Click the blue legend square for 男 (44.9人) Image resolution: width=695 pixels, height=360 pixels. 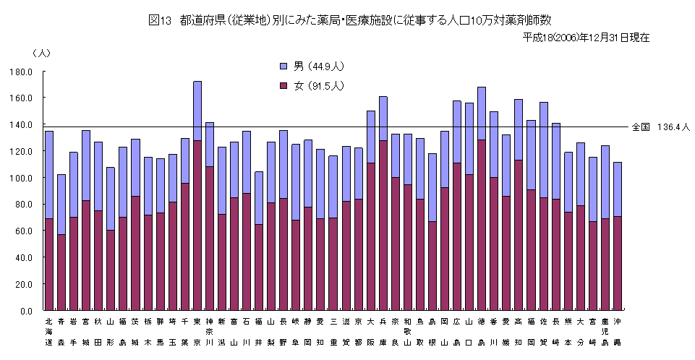(x=283, y=67)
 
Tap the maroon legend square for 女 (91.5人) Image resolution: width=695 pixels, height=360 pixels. (x=283, y=86)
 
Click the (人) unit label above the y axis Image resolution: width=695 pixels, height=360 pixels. (x=41, y=53)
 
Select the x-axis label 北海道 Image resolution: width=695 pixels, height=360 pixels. (x=49, y=331)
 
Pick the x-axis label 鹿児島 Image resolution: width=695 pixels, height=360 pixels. (x=605, y=331)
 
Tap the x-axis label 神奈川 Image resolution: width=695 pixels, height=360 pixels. (x=210, y=331)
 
